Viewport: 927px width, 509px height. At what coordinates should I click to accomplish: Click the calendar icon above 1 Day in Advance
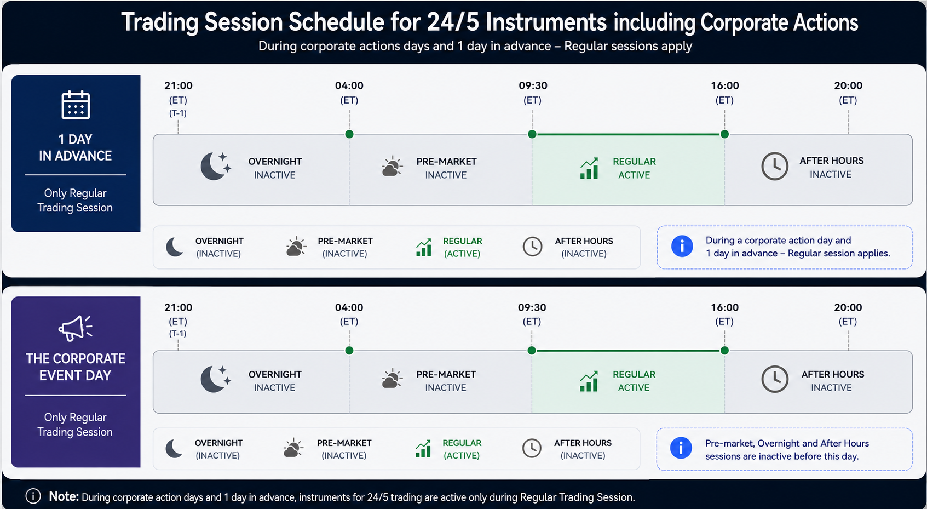tap(76, 105)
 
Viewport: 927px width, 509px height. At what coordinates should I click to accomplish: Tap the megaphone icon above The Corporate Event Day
tap(76, 328)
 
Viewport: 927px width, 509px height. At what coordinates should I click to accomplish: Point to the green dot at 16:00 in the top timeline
tap(724, 134)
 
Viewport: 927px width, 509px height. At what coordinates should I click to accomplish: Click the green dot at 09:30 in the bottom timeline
tap(532, 351)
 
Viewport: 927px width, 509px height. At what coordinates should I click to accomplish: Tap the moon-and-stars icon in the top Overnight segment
tap(216, 166)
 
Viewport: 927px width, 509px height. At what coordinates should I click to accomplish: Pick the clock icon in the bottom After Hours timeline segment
tap(775, 379)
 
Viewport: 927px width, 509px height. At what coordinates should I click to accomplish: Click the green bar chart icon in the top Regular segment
tap(589, 168)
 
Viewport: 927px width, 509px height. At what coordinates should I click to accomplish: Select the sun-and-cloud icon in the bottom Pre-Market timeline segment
tap(392, 378)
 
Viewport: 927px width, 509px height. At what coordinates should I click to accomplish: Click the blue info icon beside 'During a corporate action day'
tap(682, 246)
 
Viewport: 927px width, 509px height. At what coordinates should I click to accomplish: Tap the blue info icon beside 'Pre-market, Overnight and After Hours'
tap(681, 448)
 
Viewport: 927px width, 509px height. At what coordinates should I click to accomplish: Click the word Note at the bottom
tap(64, 496)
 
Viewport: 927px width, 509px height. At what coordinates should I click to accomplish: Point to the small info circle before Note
tap(33, 496)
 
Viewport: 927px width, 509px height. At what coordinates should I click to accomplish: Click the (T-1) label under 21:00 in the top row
tap(178, 113)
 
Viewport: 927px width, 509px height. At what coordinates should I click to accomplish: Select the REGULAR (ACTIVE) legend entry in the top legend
tap(449, 247)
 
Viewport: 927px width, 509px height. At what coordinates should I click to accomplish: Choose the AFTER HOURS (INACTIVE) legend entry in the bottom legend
tap(567, 449)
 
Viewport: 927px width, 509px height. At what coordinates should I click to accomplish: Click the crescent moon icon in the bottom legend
tap(174, 449)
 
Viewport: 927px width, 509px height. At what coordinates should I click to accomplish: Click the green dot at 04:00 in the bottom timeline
tap(349, 351)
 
